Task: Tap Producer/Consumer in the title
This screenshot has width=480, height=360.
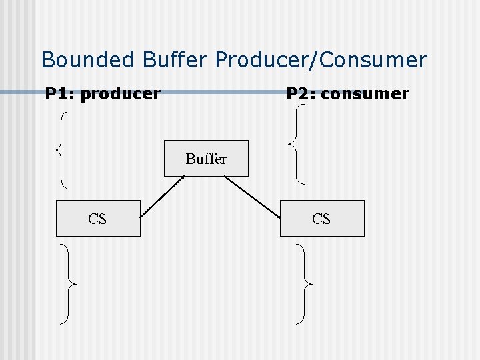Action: (x=320, y=60)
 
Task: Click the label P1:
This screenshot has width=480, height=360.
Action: (x=59, y=94)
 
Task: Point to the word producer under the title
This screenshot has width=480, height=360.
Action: (x=120, y=94)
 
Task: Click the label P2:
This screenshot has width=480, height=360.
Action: (x=301, y=94)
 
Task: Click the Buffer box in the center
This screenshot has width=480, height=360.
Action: (x=206, y=159)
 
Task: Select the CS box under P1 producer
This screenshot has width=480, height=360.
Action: (x=98, y=218)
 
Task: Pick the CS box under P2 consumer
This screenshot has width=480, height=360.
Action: (x=322, y=218)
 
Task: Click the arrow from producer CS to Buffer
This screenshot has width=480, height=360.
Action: (x=162, y=197)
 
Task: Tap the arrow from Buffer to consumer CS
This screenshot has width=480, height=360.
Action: (x=252, y=197)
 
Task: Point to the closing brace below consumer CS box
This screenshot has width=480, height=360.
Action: (x=304, y=284)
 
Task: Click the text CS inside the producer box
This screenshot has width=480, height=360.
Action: (x=97, y=219)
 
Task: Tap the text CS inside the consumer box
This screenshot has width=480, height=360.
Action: (x=321, y=219)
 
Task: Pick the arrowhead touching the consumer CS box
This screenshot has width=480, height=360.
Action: (x=277, y=215)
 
